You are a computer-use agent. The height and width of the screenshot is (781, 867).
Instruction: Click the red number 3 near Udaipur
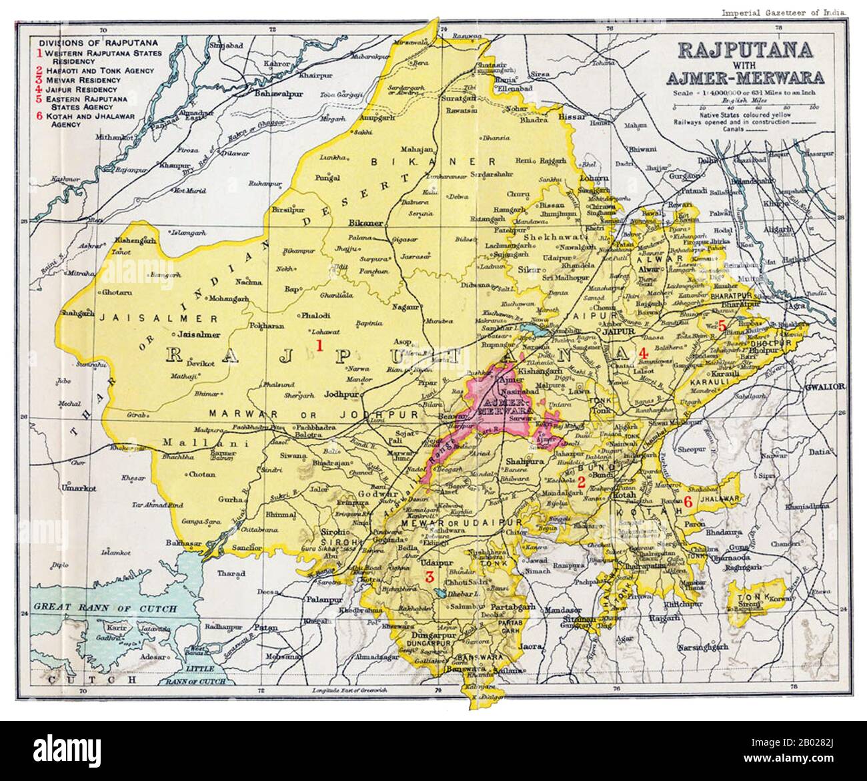tap(430, 577)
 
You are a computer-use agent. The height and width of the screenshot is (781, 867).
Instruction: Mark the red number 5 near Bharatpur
tap(722, 326)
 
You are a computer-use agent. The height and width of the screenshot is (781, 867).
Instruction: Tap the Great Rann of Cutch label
tap(105, 608)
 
